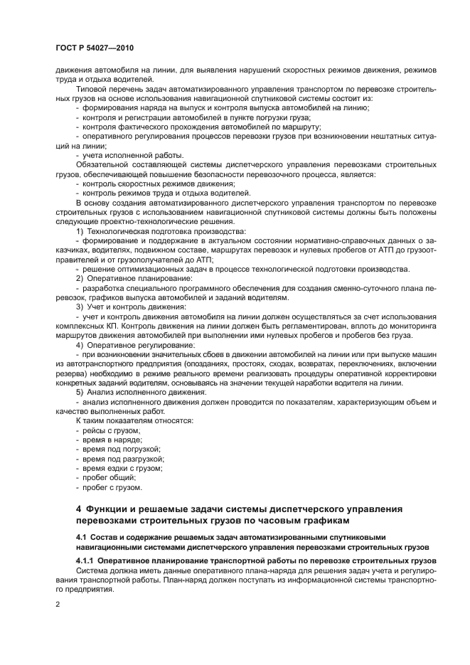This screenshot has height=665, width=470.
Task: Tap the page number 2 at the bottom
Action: point(58,605)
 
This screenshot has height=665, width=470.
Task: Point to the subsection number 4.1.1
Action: point(87,561)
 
